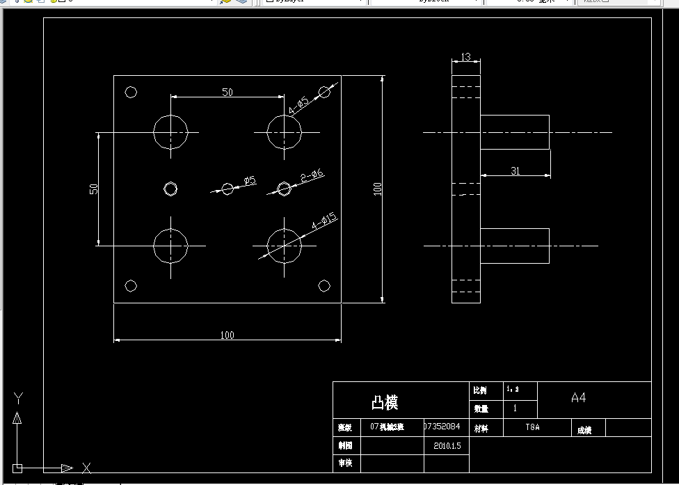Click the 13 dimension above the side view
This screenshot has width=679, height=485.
[x=465, y=56]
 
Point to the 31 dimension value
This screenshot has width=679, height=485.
[x=515, y=170]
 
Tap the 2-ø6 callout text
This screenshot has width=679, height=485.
[x=312, y=178]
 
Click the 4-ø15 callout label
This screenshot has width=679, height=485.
[x=323, y=222]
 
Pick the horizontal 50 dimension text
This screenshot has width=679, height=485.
[x=227, y=92]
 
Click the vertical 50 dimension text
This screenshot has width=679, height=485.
[x=93, y=189]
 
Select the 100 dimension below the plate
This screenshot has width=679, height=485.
[x=227, y=335]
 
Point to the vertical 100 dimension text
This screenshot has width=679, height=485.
[x=378, y=189]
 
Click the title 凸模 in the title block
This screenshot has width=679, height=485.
[x=385, y=402]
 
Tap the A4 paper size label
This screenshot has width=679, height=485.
[x=578, y=398]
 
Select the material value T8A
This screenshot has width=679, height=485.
[x=532, y=427]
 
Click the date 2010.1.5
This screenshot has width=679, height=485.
[x=447, y=445]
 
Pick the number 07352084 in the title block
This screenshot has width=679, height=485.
[x=442, y=427]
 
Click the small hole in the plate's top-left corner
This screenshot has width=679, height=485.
[x=130, y=92]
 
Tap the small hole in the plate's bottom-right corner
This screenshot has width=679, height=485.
[x=324, y=285]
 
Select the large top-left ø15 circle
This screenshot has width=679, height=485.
[x=170, y=132]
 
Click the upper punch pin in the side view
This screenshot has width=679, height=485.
[x=515, y=132]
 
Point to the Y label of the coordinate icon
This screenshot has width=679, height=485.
[x=19, y=398]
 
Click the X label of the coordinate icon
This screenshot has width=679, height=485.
[x=86, y=467]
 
